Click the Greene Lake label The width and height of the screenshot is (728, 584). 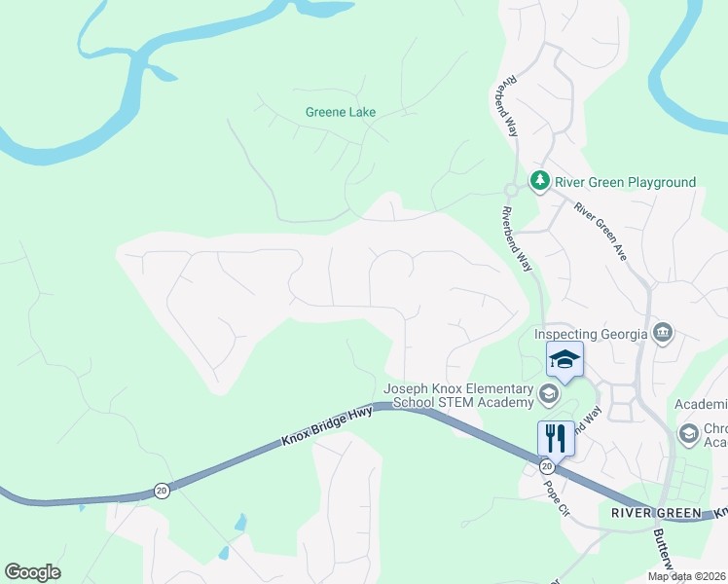pyautogui.click(x=341, y=112)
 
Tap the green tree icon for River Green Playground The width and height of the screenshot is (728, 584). pyautogui.click(x=539, y=181)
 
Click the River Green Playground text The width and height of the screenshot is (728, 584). pyautogui.click(x=625, y=182)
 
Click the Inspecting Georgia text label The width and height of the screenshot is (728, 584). pyautogui.click(x=591, y=334)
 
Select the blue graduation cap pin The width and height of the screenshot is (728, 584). pyautogui.click(x=564, y=360)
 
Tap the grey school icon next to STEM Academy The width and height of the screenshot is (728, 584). pyautogui.click(x=547, y=395)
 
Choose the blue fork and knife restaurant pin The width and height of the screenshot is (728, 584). pyautogui.click(x=556, y=437)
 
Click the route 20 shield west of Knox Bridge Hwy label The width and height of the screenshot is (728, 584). pyautogui.click(x=162, y=491)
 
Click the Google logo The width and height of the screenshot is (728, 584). pyautogui.click(x=32, y=572)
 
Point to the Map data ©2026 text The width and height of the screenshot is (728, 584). pyautogui.click(x=686, y=576)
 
